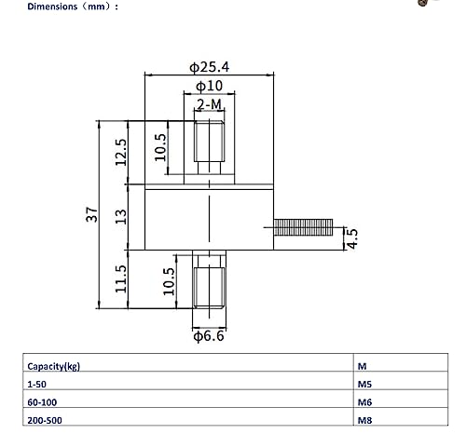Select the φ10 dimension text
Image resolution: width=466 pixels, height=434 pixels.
tap(209, 86)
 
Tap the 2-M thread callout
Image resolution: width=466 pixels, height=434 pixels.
tap(210, 105)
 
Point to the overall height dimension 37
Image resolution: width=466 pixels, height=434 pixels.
tap(90, 215)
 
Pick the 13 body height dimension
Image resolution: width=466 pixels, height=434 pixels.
tap(120, 217)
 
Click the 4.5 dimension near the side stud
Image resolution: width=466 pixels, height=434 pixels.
tap(351, 238)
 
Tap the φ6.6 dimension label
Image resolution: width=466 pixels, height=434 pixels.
tap(209, 336)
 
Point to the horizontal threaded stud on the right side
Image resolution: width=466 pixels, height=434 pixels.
tap(304, 225)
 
